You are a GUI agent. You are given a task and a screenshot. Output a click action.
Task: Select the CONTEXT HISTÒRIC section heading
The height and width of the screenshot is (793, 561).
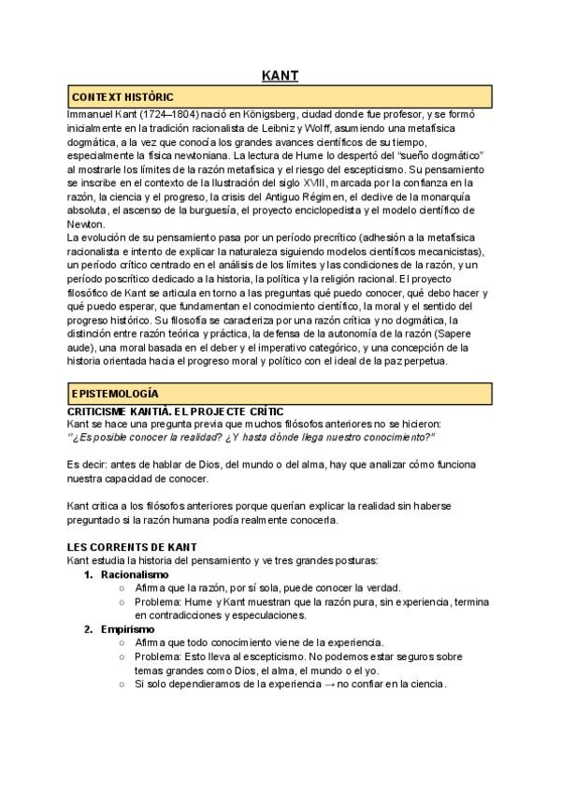(122, 96)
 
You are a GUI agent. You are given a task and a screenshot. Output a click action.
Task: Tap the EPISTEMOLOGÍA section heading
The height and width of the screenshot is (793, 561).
(115, 394)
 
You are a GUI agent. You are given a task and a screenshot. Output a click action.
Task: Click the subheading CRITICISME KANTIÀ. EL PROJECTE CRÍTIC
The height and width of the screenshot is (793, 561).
(183, 411)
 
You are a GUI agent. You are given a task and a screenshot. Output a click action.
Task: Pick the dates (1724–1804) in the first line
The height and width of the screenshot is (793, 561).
(156, 112)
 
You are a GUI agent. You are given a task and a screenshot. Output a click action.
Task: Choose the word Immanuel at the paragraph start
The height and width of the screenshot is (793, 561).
(92, 112)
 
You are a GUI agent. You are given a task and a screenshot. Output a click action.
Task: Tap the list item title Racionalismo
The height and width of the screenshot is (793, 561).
(135, 573)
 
